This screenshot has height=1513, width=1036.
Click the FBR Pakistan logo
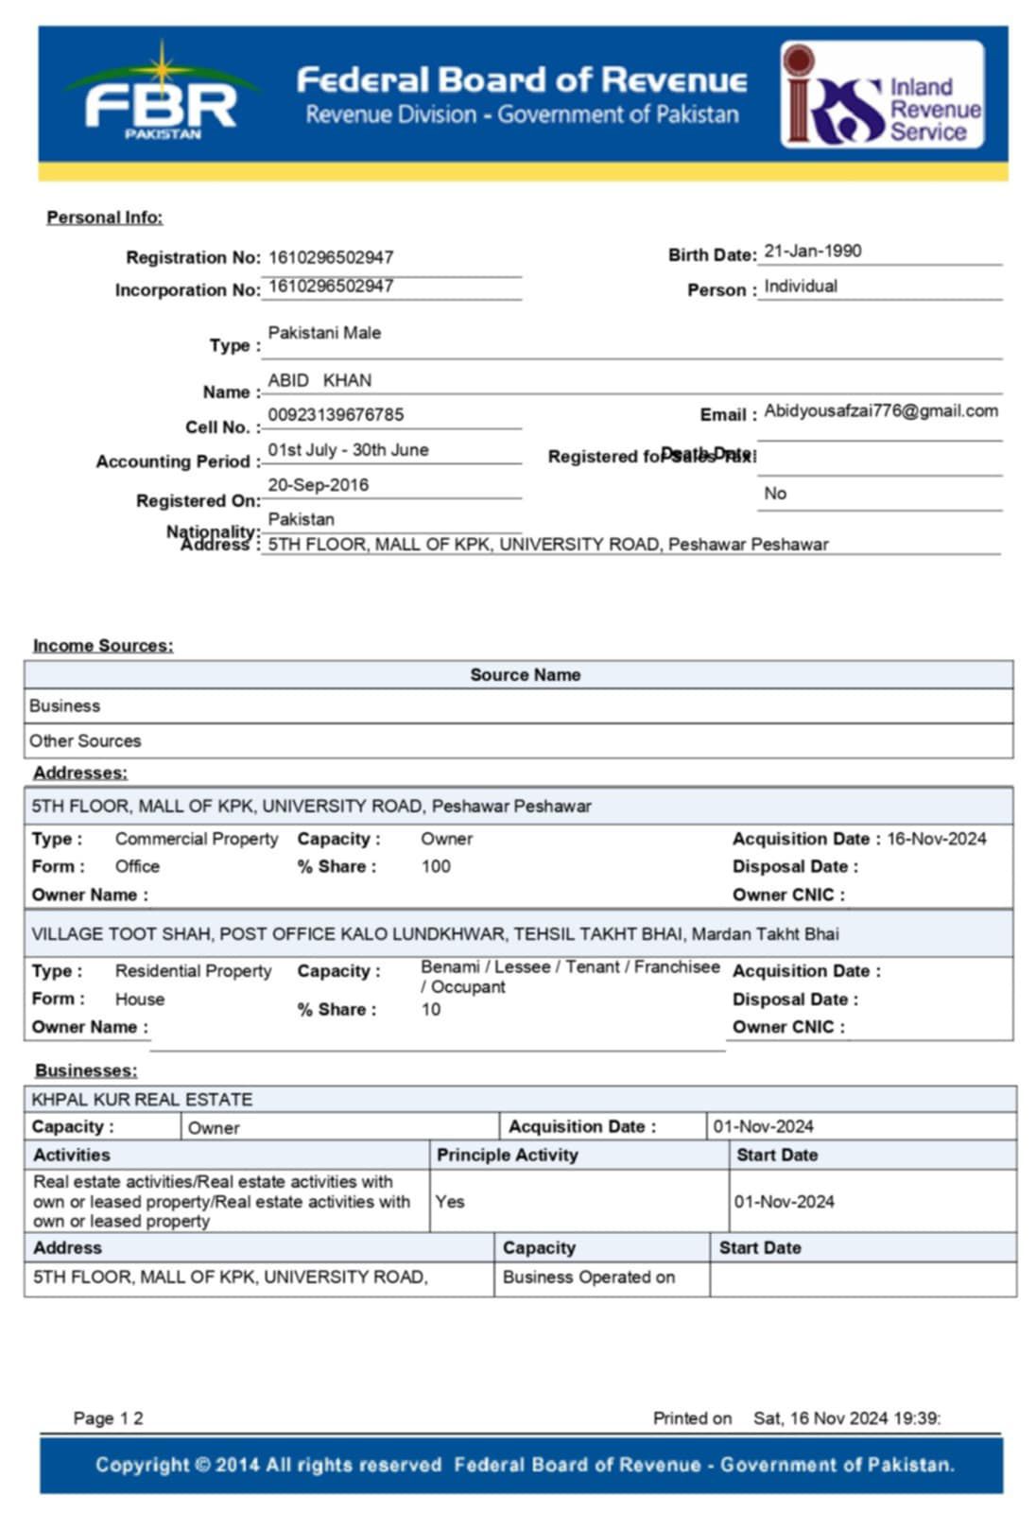tap(162, 96)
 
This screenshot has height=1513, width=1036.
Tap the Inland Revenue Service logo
tap(882, 96)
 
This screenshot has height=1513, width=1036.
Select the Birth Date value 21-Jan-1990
tap(813, 252)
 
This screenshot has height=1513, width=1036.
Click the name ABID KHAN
tap(319, 380)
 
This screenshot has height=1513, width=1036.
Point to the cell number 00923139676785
tap(336, 415)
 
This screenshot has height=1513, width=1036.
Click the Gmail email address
tap(881, 410)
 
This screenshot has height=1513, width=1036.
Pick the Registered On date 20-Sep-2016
tap(319, 485)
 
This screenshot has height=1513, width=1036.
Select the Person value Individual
tap(801, 287)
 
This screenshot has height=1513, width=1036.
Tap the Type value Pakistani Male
tap(324, 333)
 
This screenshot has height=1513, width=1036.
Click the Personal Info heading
tap(105, 217)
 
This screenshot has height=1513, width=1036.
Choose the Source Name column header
tap(526, 675)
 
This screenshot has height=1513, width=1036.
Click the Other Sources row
tap(85, 741)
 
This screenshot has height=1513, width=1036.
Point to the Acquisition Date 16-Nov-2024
tap(936, 839)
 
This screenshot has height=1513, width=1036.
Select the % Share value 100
tap(436, 866)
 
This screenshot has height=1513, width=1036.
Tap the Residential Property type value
tap(193, 971)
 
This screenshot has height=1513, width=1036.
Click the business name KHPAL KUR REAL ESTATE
tap(142, 1100)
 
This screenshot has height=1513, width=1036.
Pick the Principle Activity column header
tap(507, 1155)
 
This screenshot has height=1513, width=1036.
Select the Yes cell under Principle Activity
tap(450, 1202)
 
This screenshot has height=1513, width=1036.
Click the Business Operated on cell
tap(589, 1278)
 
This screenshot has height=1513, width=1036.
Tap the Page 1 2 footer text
tap(108, 1418)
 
